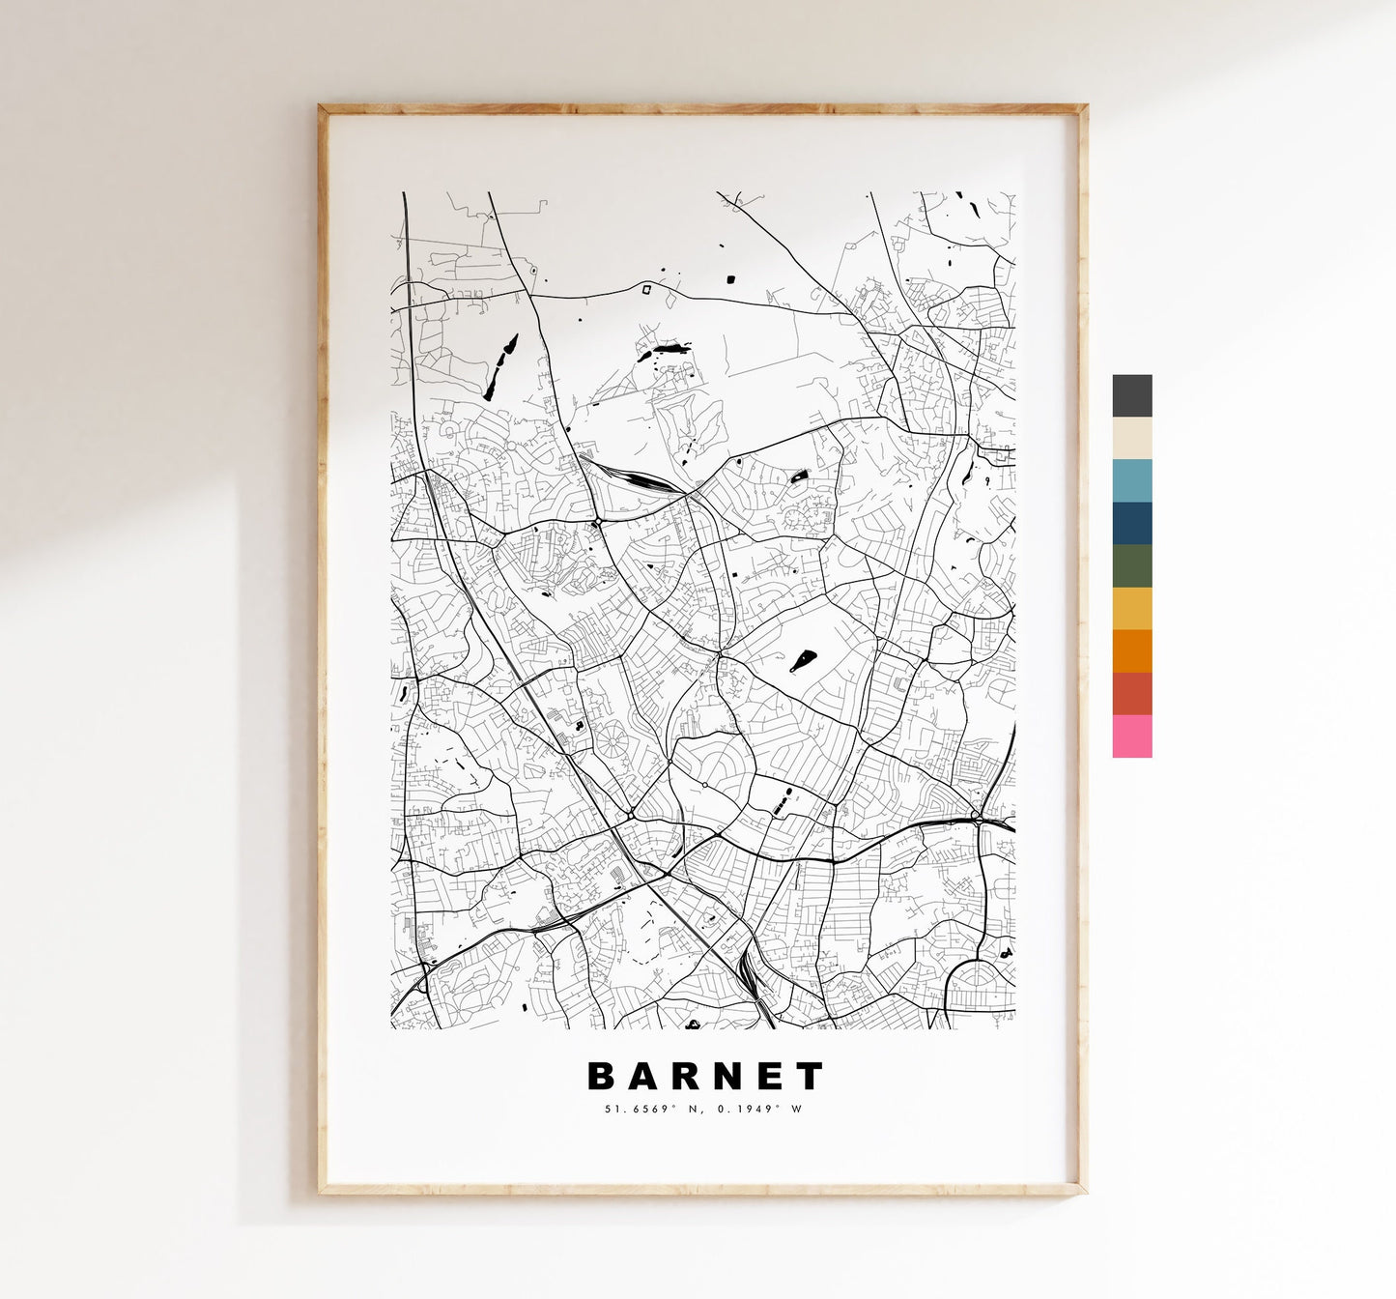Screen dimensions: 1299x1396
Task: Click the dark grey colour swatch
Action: (x=1131, y=395)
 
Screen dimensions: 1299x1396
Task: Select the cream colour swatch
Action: (x=1131, y=438)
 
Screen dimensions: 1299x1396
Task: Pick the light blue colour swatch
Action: (x=1131, y=480)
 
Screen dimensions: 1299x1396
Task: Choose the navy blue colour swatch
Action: (x=1131, y=523)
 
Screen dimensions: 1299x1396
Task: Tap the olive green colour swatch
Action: (x=1131, y=565)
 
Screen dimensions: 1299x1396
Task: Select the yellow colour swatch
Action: (x=1131, y=608)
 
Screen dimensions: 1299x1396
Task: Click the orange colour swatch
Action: (x=1131, y=650)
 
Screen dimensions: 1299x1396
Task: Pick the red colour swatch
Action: (x=1131, y=693)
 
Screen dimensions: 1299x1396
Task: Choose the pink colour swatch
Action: (x=1131, y=736)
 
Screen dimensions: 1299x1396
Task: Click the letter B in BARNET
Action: (x=599, y=1076)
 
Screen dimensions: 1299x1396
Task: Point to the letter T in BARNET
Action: (x=812, y=1076)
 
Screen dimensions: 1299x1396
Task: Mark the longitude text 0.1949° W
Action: (x=759, y=1109)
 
